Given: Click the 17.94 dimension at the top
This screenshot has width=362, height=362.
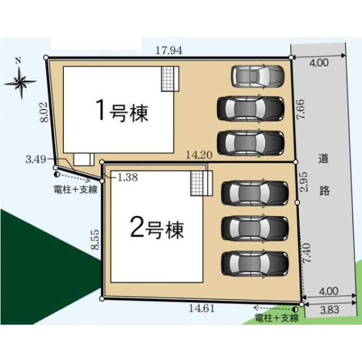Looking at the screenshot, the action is click(169, 50).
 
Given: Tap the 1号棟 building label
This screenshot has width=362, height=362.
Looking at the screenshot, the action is click(122, 111).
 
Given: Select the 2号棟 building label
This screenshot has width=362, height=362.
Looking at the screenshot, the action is click(157, 229).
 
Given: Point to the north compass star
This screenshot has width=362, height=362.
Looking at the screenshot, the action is click(21, 81).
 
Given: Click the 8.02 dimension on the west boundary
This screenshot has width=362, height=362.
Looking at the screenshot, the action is click(44, 112).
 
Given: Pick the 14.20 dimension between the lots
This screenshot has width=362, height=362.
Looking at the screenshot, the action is click(199, 155).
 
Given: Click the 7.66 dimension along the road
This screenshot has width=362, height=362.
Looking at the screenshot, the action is click(301, 109).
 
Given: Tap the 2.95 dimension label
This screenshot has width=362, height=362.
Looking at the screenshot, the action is click(304, 182).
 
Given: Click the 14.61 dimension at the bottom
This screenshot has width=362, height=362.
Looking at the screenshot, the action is click(202, 308).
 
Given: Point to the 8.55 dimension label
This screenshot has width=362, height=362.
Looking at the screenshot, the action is click(95, 240).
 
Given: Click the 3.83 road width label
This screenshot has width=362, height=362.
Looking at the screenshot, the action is click(329, 310).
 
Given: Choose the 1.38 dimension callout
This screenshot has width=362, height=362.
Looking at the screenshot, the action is click(127, 177).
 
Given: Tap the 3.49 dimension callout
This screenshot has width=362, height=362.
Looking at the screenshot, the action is click(36, 159).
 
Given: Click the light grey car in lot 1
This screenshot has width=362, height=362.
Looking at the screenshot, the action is click(258, 76).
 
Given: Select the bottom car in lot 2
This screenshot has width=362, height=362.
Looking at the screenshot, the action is click(255, 264).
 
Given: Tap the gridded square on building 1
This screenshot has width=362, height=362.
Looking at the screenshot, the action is click(167, 78).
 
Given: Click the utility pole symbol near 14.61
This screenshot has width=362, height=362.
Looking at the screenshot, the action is click(295, 309).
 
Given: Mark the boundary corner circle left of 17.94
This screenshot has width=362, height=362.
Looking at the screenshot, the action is click(46, 57).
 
